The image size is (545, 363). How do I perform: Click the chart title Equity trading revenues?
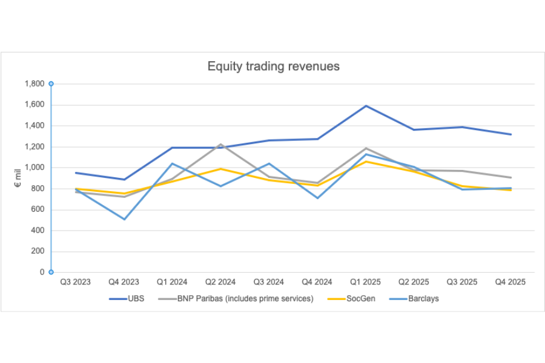273,67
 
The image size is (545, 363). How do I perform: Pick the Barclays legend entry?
423,299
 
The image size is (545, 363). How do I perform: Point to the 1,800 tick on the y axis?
34,84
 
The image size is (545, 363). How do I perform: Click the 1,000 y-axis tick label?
34,168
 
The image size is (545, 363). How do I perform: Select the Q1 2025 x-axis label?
366,282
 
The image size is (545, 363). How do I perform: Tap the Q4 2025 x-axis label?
511,282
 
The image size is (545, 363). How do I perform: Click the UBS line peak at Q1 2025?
366,106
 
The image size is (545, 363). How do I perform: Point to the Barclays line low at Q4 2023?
124,219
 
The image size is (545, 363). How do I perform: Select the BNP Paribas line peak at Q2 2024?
221,145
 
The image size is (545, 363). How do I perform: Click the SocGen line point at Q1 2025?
366,162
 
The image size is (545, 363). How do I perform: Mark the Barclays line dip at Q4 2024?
318,198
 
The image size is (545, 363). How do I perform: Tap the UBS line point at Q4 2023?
124,179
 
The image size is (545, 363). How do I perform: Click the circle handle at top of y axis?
51,83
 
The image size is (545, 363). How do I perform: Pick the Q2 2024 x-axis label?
220,282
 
